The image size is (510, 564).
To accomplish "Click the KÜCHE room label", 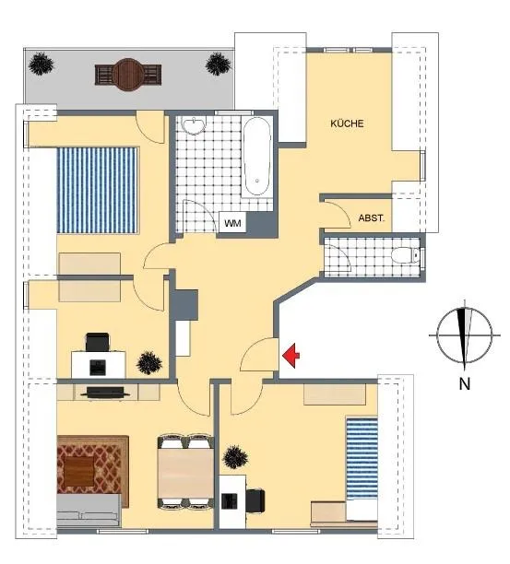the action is pyautogui.click(x=347, y=123).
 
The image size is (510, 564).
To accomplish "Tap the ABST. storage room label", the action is pyautogui.click(x=372, y=218).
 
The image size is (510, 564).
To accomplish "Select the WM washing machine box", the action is pyautogui.click(x=232, y=223).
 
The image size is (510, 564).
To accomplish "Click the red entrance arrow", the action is pyautogui.click(x=291, y=356).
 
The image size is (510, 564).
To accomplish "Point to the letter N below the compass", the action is pyautogui.click(x=465, y=384).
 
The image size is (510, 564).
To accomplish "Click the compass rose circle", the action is pyautogui.click(x=464, y=335).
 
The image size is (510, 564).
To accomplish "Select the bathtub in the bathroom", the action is pyautogui.click(x=256, y=157).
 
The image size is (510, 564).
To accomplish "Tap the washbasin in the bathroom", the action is pyautogui.click(x=194, y=125).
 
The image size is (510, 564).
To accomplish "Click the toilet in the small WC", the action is pyautogui.click(x=406, y=256).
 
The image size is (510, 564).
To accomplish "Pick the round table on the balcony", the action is pyautogui.click(x=128, y=75).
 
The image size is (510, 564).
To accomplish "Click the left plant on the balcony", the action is pyautogui.click(x=41, y=64).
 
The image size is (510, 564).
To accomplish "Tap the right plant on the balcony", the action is pyautogui.click(x=218, y=64).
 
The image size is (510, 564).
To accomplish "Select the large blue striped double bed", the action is pyautogui.click(x=98, y=190).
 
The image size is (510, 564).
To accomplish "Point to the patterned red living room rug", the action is pyautogui.click(x=93, y=471).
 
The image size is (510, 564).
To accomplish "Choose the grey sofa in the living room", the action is pyautogui.click(x=89, y=511).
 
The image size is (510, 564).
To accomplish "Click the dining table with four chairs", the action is pyautogui.click(x=185, y=473).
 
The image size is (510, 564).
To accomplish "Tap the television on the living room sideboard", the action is pyautogui.click(x=105, y=392).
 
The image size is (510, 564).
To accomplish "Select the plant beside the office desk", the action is pyautogui.click(x=149, y=362).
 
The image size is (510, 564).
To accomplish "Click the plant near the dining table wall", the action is pyautogui.click(x=236, y=457).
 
